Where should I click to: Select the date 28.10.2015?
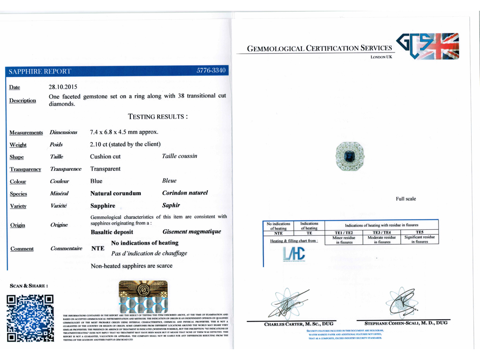(63, 87)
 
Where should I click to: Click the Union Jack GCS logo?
(427, 46)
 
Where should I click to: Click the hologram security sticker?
(143, 297)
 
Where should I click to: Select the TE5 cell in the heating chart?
(419, 232)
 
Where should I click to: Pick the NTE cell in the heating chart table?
(278, 232)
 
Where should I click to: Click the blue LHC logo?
(294, 254)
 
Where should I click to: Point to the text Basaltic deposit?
(112, 232)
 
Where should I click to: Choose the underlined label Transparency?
(25, 169)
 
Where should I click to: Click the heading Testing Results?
(158, 116)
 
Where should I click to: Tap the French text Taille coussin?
(180, 156)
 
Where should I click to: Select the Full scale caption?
(405, 199)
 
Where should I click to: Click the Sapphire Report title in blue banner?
(40, 71)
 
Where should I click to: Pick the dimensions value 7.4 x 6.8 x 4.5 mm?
(124, 132)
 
